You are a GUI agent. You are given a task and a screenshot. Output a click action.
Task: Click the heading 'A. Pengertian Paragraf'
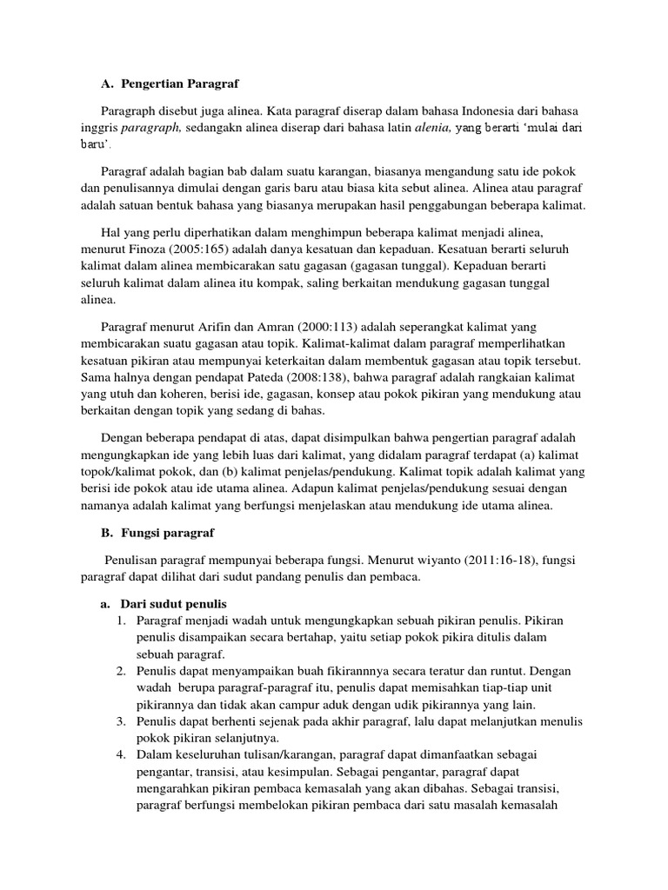pos(169,83)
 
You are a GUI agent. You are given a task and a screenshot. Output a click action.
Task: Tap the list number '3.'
pos(122,722)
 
